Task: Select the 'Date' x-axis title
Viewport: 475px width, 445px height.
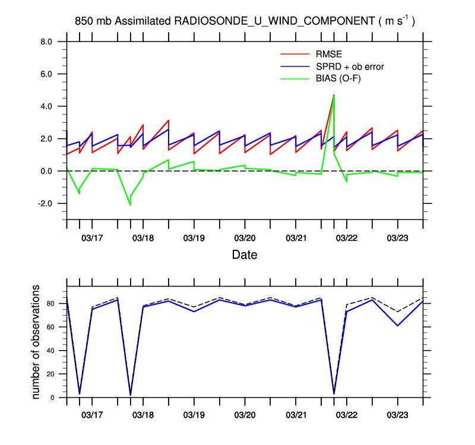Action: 245,255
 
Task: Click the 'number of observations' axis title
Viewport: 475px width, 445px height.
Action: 37,342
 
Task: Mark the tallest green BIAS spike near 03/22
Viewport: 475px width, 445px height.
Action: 334,96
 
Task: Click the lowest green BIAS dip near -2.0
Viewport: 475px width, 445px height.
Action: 130,205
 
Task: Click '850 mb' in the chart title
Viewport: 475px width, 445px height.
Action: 94,21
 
